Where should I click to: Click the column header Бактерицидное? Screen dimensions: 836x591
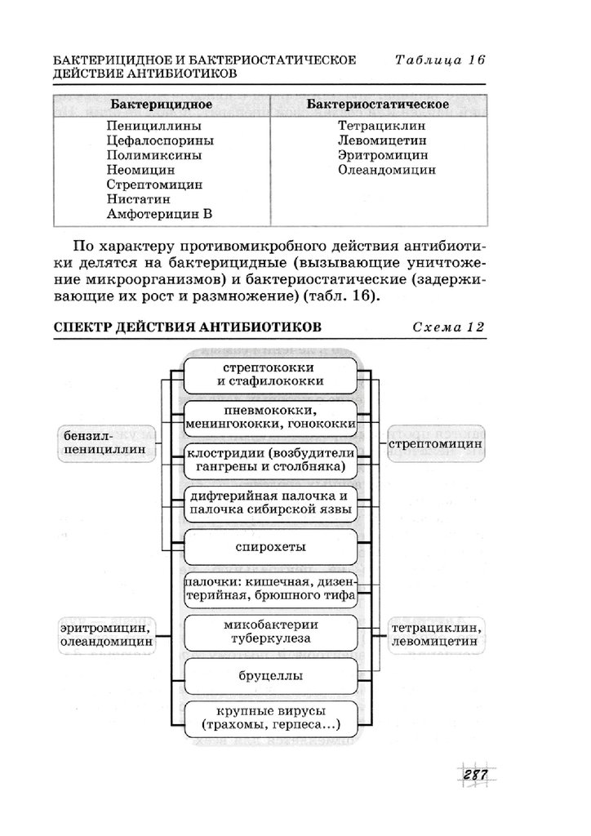point(162,104)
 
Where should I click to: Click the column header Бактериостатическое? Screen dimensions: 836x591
point(377,104)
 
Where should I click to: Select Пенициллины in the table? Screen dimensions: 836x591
point(153,127)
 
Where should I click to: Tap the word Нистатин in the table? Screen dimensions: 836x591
point(138,199)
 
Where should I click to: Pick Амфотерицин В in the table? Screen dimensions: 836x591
point(158,214)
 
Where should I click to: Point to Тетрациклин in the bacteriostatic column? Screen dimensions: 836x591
point(381,127)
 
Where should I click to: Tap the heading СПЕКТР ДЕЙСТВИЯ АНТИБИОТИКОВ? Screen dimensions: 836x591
point(187,327)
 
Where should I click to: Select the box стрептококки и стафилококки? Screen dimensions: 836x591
point(270,374)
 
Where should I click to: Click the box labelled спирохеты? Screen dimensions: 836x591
point(270,546)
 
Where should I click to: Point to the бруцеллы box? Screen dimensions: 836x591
point(270,676)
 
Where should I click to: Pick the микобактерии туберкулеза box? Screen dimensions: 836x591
point(270,633)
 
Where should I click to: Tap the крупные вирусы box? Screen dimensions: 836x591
point(270,718)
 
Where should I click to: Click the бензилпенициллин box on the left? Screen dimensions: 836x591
point(105,442)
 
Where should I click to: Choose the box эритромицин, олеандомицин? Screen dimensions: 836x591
point(106,635)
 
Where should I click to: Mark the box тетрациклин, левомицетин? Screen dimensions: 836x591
point(435,635)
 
